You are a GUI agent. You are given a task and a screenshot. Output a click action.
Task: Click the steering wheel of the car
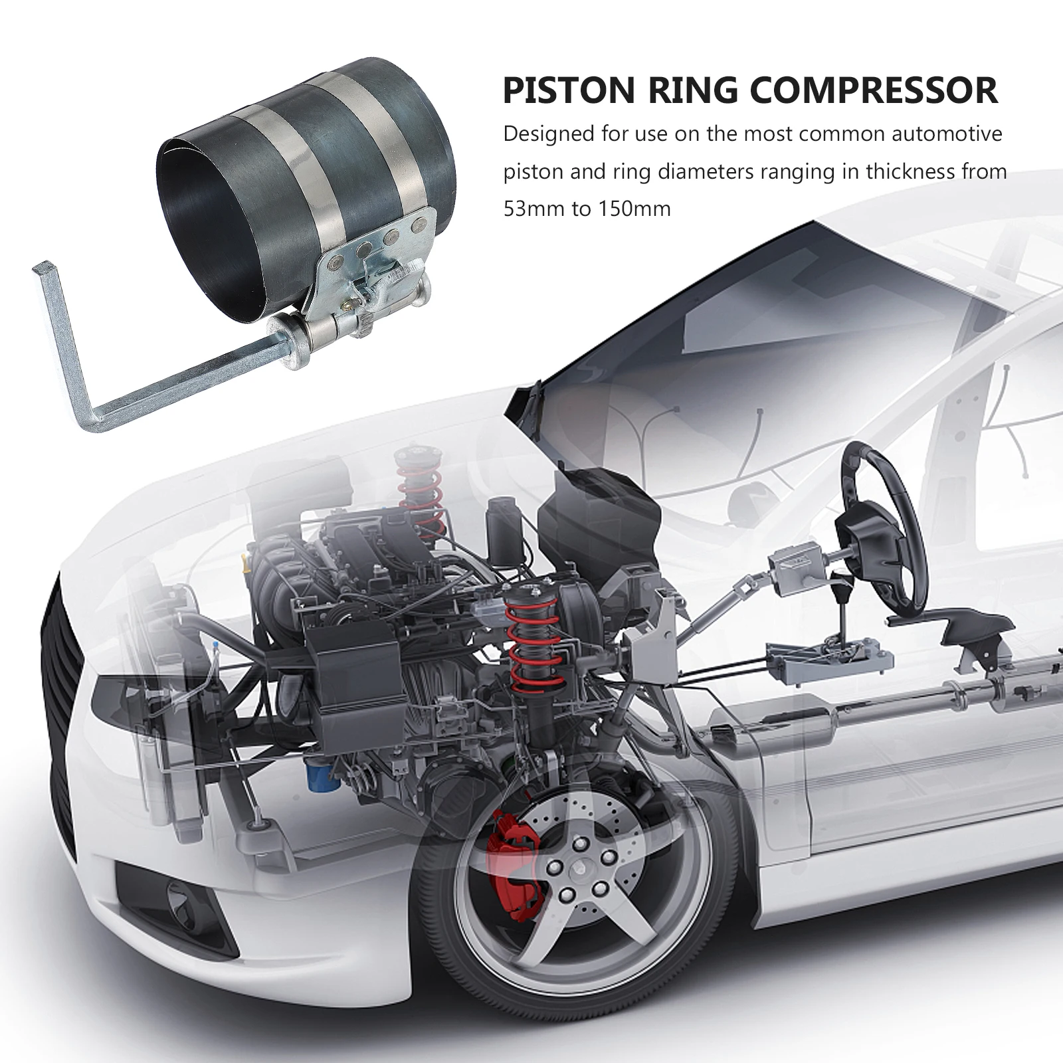(x=876, y=525)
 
